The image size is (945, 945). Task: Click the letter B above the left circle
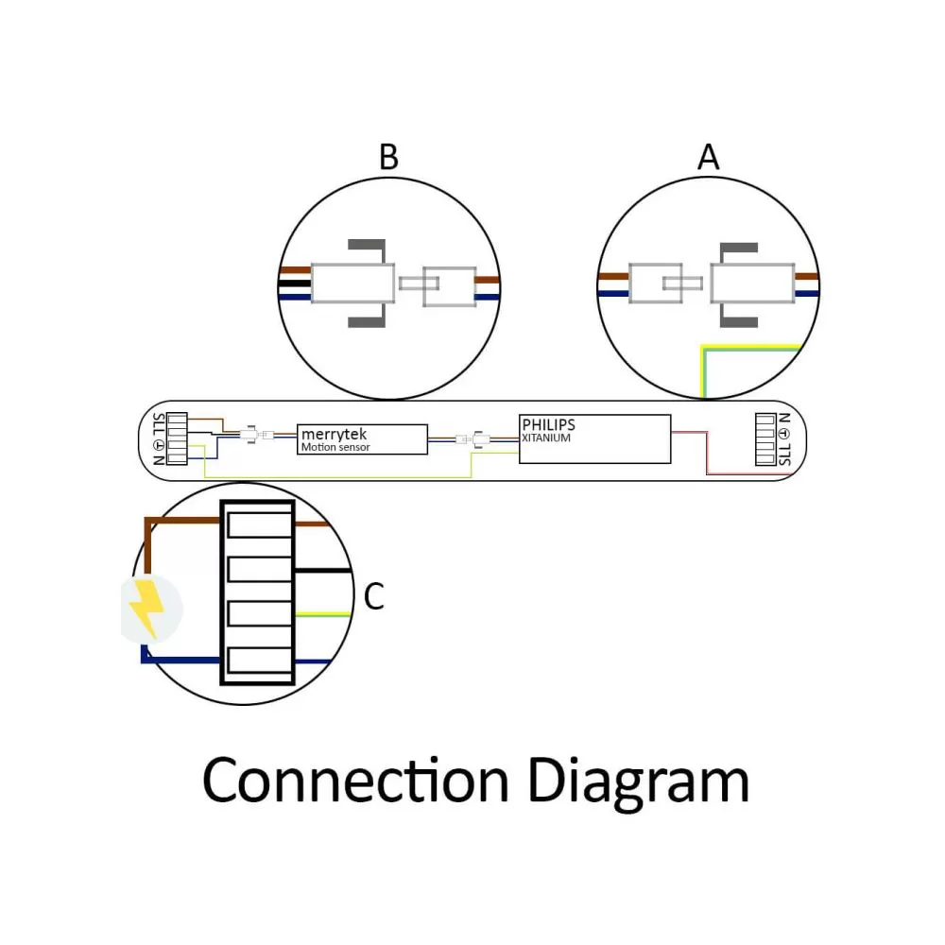click(388, 157)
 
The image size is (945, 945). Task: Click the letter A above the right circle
click(708, 157)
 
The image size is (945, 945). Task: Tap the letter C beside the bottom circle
click(373, 596)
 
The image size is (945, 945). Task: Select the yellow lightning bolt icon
click(146, 608)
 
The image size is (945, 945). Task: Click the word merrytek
click(334, 434)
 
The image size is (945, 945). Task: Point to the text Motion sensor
click(335, 447)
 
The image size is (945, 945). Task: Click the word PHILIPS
click(548, 425)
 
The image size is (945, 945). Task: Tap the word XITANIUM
click(546, 438)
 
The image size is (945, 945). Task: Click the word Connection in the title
click(355, 781)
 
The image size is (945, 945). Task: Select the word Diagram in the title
click(638, 783)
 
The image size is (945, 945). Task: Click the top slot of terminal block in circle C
click(260, 524)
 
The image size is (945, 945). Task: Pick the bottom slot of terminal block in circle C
click(260, 660)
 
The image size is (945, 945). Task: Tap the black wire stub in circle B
click(295, 283)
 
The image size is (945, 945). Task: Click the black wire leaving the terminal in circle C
click(323, 570)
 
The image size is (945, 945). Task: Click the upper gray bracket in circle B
click(368, 247)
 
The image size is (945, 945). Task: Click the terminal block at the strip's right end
click(765, 439)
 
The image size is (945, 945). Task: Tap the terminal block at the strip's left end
click(177, 438)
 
